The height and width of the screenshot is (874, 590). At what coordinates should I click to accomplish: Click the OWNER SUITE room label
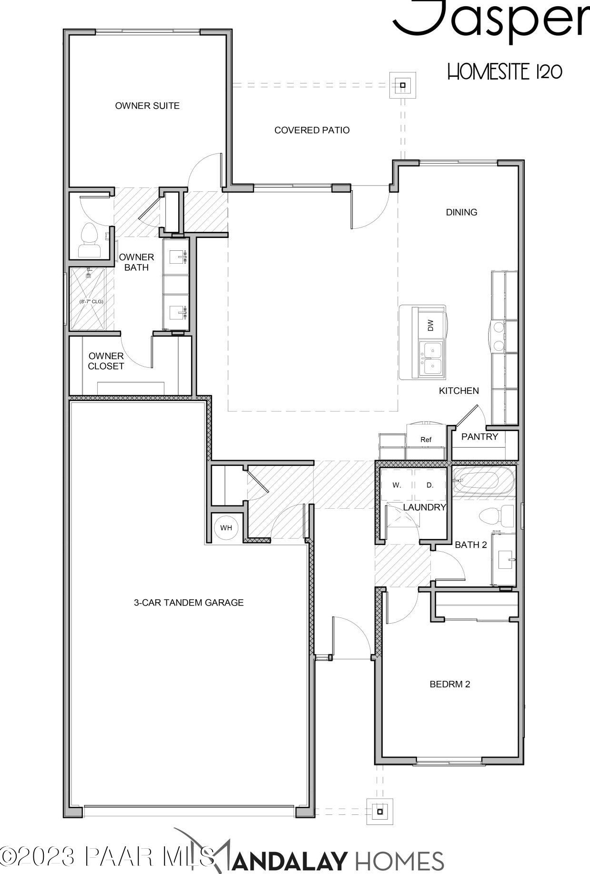tap(147, 106)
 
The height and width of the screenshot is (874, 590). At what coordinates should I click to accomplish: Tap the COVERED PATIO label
tap(312, 130)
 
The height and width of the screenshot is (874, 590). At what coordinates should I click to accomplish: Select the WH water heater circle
tap(226, 528)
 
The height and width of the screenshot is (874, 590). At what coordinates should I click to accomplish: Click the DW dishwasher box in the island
tap(431, 325)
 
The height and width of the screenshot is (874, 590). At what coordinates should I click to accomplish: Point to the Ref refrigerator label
tap(426, 440)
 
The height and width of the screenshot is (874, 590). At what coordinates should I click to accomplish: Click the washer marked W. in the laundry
tap(397, 485)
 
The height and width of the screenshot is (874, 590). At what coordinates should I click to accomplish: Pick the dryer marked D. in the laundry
tap(430, 485)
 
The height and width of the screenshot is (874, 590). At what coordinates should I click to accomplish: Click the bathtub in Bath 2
tap(483, 481)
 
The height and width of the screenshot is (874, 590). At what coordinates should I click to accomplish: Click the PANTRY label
tap(479, 437)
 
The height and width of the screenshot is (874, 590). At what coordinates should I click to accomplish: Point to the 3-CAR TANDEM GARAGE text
tap(189, 603)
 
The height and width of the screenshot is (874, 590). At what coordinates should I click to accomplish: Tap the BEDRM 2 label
tap(450, 684)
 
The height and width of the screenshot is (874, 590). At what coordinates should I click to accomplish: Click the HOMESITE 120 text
tap(505, 72)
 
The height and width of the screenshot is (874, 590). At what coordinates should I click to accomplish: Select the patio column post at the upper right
tap(403, 85)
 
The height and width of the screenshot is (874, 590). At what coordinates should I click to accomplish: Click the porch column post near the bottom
tap(380, 812)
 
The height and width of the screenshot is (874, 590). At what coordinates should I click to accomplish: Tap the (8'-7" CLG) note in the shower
tap(91, 301)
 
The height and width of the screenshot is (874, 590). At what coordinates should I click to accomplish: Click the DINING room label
tap(461, 212)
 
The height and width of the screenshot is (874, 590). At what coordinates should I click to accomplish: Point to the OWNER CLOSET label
tap(106, 361)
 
